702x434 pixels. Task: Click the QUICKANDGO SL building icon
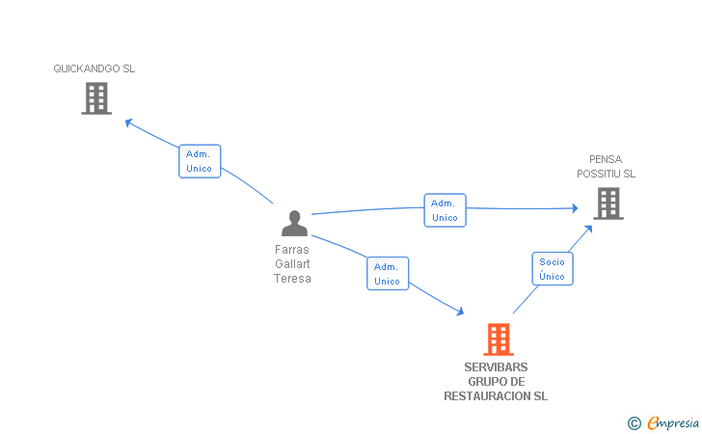pyautogui.click(x=96, y=98)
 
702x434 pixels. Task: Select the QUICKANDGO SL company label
pyautogui.click(x=94, y=69)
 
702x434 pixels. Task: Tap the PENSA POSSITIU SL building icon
pyautogui.click(x=607, y=203)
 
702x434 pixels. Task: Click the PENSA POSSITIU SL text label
pyautogui.click(x=607, y=166)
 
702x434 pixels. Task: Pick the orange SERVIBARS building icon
pyautogui.click(x=498, y=339)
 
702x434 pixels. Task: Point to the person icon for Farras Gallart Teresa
pyautogui.click(x=294, y=224)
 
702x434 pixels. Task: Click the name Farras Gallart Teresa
pyautogui.click(x=293, y=263)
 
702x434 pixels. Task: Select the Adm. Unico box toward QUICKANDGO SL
pyautogui.click(x=200, y=161)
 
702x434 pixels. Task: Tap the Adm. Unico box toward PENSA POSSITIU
pyautogui.click(x=445, y=210)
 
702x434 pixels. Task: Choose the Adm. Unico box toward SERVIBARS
pyautogui.click(x=388, y=274)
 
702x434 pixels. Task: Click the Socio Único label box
pyautogui.click(x=553, y=269)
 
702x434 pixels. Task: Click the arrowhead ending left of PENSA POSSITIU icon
pyautogui.click(x=574, y=207)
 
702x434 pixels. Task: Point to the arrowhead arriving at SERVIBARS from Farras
pyautogui.click(x=460, y=312)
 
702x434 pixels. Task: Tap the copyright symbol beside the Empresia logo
pyautogui.click(x=634, y=422)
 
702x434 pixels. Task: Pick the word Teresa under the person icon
pyautogui.click(x=293, y=279)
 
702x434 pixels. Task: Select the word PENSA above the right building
pyautogui.click(x=607, y=159)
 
